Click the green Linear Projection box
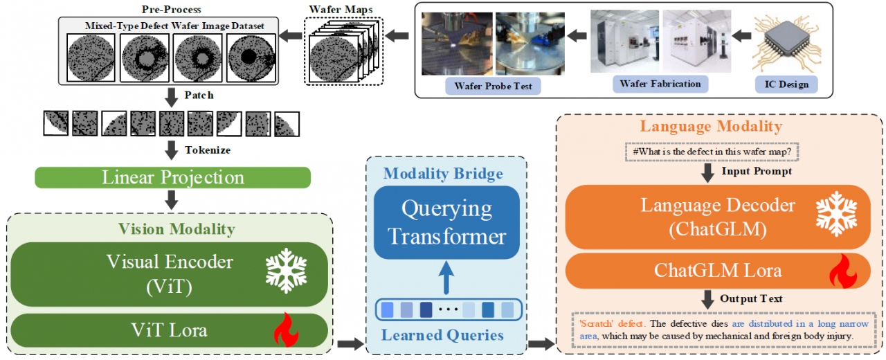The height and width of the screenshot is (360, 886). tap(172, 177)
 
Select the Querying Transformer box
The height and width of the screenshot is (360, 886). tap(446, 222)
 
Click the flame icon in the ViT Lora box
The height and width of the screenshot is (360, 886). tap(285, 330)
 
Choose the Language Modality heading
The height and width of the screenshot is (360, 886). tap(711, 126)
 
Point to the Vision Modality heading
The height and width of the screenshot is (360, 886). tap(176, 228)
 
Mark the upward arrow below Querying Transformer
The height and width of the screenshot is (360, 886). tap(447, 276)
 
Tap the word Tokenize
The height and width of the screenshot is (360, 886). tap(208, 150)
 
